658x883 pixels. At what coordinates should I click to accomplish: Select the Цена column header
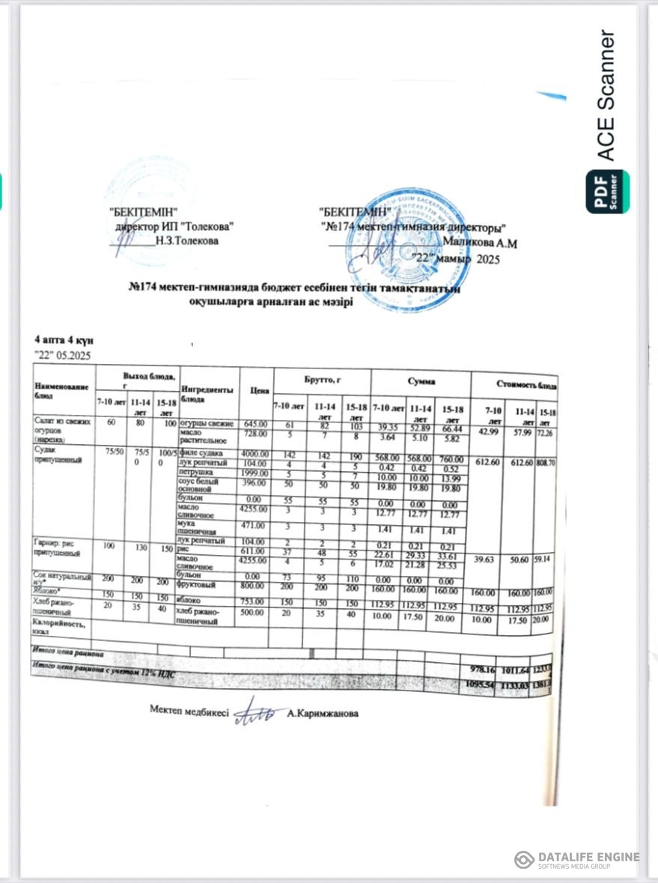259,390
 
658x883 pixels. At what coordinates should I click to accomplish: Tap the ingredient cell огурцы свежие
207,424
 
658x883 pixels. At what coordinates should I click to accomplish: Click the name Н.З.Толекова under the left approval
186,241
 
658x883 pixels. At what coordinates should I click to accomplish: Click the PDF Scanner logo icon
607,192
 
